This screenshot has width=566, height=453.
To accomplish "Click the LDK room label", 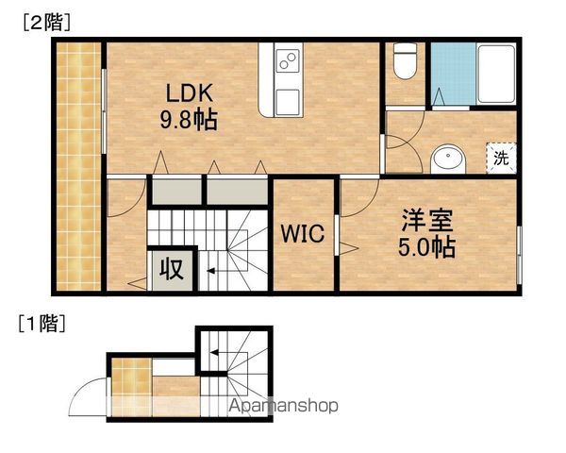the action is click(189, 92).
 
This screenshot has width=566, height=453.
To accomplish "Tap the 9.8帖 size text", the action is click(189, 120).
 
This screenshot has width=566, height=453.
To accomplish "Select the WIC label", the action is click(303, 233).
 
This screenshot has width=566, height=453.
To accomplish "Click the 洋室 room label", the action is click(427, 220).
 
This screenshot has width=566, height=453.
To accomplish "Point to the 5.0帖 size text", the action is click(426, 246).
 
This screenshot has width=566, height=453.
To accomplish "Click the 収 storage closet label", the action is click(172, 269).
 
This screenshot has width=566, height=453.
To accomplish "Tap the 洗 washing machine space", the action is click(501, 158).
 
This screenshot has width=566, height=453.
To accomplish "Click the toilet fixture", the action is click(405, 60).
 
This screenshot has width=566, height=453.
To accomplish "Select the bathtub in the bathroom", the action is click(496, 74).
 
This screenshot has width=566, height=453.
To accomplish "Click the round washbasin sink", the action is click(448, 159).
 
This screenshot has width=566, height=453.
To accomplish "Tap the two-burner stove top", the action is click(288, 60).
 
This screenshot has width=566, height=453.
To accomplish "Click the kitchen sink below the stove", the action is click(288, 101).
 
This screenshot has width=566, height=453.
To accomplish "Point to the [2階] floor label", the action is click(47, 24).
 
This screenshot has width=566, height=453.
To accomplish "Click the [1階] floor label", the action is click(42, 323).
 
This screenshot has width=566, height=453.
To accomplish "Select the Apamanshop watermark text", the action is click(284, 406).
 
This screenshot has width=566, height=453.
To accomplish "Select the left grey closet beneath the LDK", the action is click(176, 192).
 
